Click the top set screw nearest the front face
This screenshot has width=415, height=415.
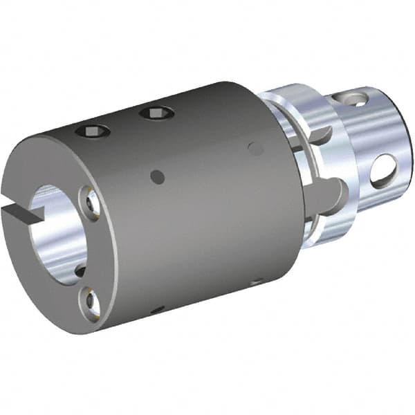[x=92, y=129]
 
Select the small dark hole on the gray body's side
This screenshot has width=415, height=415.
[x=158, y=178]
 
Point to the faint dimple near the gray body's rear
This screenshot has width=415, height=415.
[x=255, y=148]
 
